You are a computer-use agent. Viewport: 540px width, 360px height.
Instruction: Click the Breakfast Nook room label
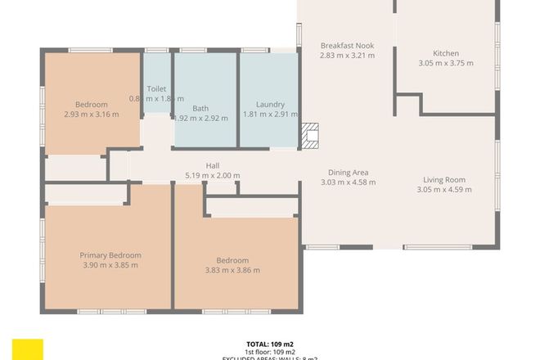tap(348, 45)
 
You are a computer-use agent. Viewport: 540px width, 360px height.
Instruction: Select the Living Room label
tap(444, 180)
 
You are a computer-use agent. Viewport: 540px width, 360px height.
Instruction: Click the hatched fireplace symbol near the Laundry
tap(311, 135)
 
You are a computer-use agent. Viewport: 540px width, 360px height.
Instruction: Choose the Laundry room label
tap(270, 105)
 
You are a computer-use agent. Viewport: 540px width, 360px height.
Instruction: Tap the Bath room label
tap(200, 108)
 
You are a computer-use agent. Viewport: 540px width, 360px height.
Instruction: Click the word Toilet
tap(156, 88)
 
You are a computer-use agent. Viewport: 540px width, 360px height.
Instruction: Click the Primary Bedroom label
tap(110, 254)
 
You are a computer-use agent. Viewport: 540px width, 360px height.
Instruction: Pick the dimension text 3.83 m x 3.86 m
tap(232, 271)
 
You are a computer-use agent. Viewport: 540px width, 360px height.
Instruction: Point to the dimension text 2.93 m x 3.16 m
tap(91, 115)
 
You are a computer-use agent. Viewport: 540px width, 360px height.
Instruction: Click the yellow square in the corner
tap(28, 349)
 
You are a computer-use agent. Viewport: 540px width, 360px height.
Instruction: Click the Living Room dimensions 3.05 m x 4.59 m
tap(444, 191)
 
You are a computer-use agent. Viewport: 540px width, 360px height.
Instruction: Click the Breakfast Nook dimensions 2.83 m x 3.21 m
tap(348, 56)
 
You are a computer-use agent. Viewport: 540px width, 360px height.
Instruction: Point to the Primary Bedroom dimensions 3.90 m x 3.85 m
tap(110, 265)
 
